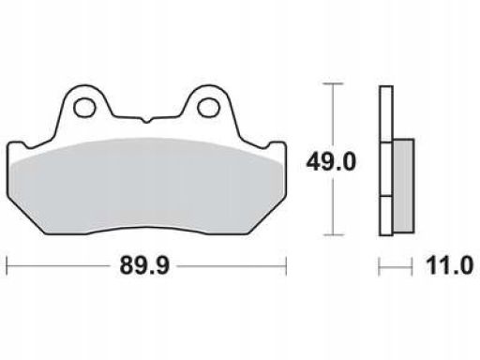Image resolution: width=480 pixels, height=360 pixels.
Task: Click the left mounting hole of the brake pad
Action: point(84,108)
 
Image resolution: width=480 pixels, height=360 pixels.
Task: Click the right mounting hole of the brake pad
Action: point(209,108)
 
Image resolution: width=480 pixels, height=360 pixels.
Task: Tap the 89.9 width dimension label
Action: point(144,265)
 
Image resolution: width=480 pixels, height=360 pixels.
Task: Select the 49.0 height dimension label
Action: point(331,162)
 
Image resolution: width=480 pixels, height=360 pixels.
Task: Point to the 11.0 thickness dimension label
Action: point(450,265)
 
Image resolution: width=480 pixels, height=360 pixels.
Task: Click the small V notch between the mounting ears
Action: point(146,120)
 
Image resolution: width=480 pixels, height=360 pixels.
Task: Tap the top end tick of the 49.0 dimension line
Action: point(334,83)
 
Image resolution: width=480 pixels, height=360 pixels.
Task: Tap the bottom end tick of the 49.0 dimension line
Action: point(334,234)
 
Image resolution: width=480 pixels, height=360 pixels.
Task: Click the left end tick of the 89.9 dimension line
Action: point(7,266)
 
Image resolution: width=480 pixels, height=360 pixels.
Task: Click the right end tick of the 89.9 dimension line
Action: point(286,266)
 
